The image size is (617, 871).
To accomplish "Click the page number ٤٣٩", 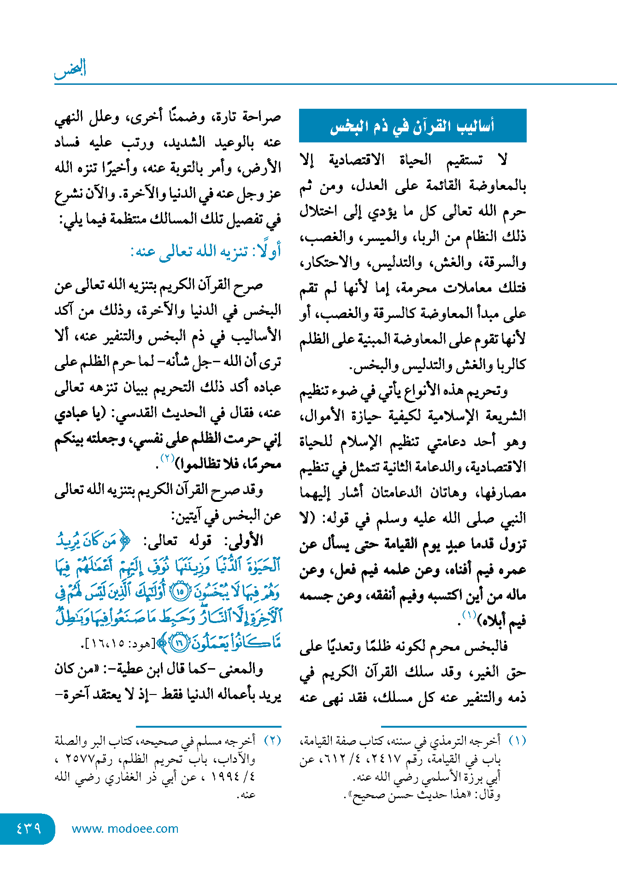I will point(28,829).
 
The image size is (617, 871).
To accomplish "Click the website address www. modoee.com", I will point(125,829).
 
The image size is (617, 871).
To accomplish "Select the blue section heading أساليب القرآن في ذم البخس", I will point(412,126).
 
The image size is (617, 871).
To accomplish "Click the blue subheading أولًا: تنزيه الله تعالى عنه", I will point(206,252).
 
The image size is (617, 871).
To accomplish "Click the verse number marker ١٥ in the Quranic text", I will point(180,591).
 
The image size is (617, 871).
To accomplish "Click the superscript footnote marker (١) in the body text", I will point(469,615).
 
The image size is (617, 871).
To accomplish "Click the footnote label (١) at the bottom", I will point(517,741).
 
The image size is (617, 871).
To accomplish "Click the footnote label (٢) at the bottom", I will point(272,741).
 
